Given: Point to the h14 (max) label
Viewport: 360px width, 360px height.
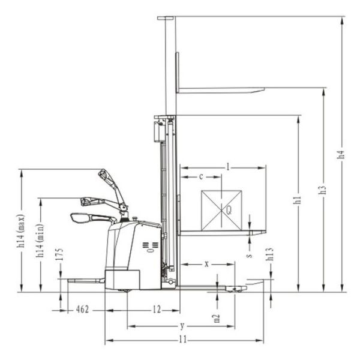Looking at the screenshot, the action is point(20,231).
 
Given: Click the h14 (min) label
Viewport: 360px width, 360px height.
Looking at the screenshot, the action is point(40,241).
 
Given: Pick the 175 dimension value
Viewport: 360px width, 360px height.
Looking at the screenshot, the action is point(59,254).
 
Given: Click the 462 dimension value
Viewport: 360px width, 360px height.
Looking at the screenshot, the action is point(82,310).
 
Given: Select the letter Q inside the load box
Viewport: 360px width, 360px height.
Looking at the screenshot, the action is point(229,210).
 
